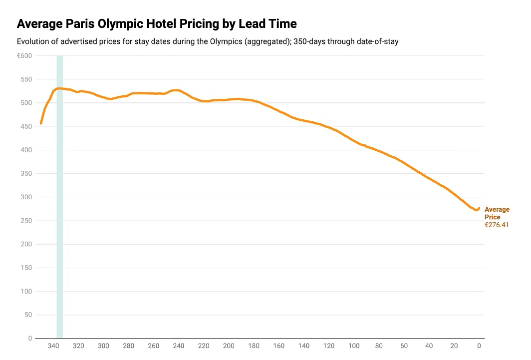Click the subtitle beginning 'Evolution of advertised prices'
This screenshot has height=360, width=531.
tap(208, 41)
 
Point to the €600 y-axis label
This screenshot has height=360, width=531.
tap(24, 56)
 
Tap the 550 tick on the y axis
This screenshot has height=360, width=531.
tap(26, 79)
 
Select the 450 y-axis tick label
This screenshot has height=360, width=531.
tap(26, 127)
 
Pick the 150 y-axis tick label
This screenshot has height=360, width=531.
tap(26, 268)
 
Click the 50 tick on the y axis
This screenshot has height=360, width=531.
tap(27, 315)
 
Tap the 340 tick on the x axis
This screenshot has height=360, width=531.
tap(53, 346)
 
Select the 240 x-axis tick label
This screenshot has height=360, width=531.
tap(179, 346)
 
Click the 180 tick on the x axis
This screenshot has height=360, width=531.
tap(254, 346)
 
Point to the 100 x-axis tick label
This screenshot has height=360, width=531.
tap(354, 346)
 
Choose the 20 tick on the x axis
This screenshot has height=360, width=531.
tap(454, 346)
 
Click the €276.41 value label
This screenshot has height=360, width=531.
tap(497, 225)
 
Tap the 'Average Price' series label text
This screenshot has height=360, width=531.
tap(497, 214)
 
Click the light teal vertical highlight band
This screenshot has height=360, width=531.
tap(60, 200)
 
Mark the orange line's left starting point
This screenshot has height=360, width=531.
tap(41, 123)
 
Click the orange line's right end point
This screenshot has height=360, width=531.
tap(479, 208)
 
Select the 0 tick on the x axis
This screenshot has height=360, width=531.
tap(479, 346)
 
